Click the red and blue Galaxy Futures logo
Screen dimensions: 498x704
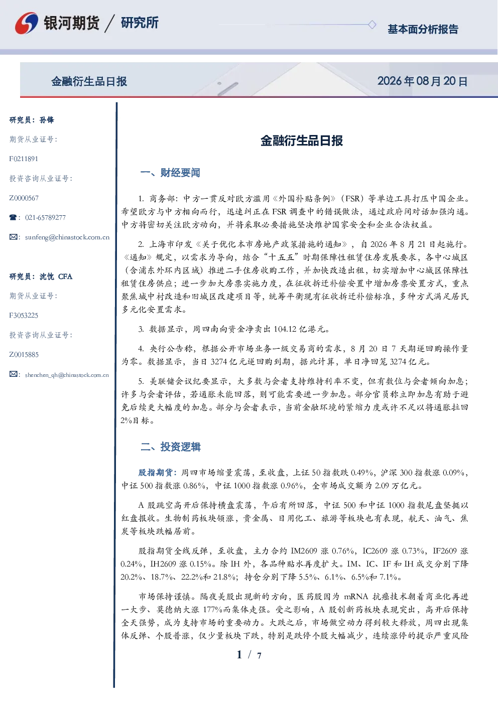(x=27, y=23)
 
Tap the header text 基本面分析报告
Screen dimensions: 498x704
(x=423, y=29)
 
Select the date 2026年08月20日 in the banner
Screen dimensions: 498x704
(x=423, y=81)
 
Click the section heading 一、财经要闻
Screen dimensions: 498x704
(x=170, y=173)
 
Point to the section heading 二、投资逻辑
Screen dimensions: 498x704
(x=170, y=447)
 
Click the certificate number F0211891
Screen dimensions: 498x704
(x=24, y=159)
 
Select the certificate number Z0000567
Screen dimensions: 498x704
(x=24, y=198)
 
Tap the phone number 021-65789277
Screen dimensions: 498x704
(x=46, y=217)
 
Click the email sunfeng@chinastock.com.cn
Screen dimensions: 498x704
(x=67, y=237)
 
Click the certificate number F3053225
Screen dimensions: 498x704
(x=24, y=316)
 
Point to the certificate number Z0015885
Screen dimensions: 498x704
(x=24, y=355)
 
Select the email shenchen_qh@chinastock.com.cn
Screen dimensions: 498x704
(x=67, y=375)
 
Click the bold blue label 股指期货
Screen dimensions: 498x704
(x=156, y=472)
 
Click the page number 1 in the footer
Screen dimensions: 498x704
(x=239, y=655)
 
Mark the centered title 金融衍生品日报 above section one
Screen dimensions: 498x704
(x=302, y=140)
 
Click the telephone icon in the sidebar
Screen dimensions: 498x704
(x=13, y=217)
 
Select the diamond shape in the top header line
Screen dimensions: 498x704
(x=372, y=25)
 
